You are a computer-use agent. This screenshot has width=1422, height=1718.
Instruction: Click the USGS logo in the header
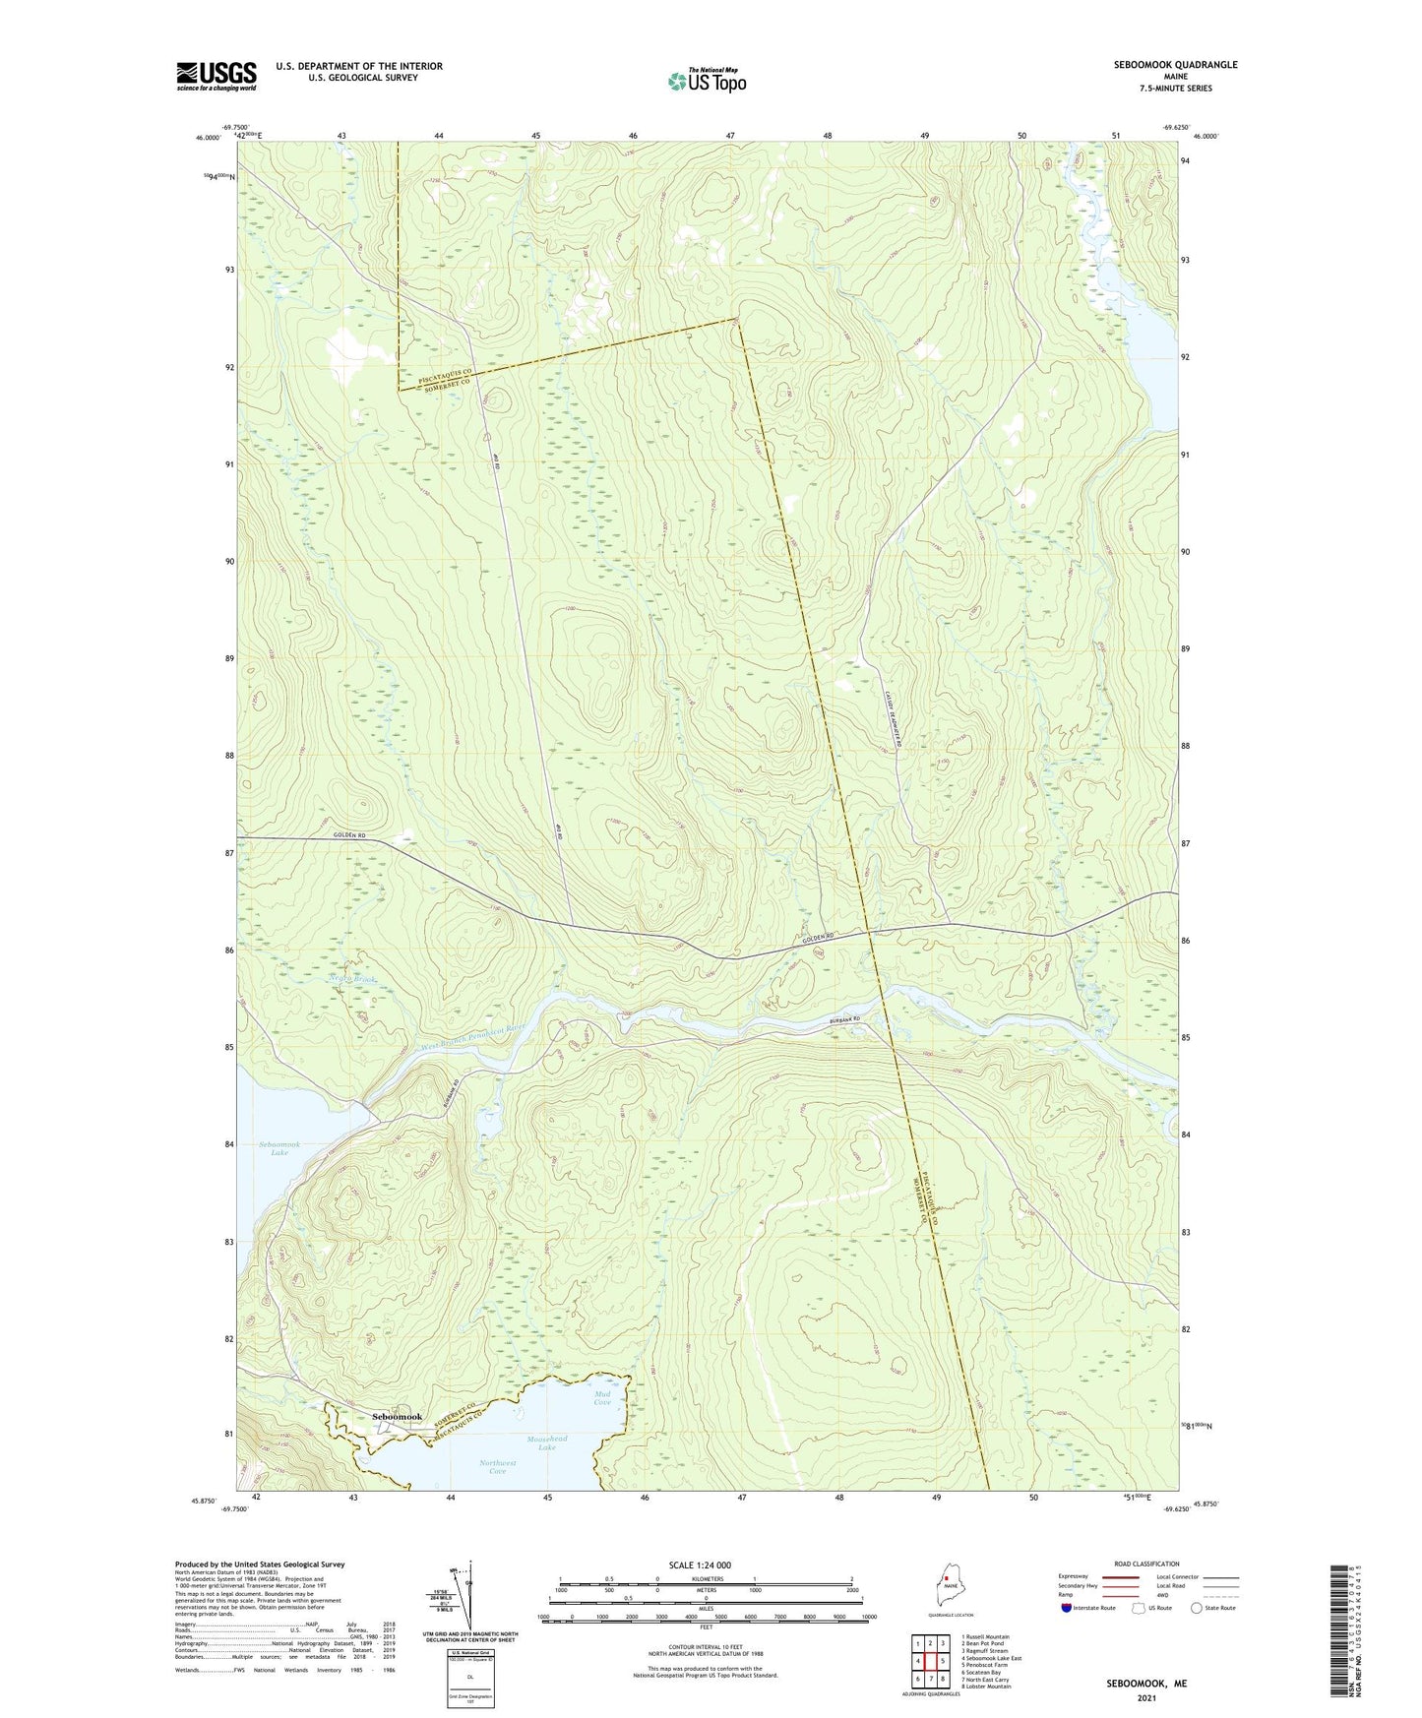pyautogui.click(x=216, y=76)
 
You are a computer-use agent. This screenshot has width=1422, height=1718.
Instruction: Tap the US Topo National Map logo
pyautogui.click(x=706, y=80)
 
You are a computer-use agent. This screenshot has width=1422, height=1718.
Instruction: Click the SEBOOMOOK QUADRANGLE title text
pyautogui.click(x=1175, y=65)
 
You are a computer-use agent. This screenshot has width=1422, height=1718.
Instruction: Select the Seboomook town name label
pyautogui.click(x=398, y=1417)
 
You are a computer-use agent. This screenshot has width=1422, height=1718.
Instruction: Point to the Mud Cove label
pyautogui.click(x=602, y=1398)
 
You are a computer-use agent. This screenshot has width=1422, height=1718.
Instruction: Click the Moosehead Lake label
pyautogui.click(x=547, y=1442)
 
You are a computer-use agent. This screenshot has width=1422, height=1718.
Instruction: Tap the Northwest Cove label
pyautogui.click(x=498, y=1467)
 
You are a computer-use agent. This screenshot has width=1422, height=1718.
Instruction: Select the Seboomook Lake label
pyautogui.click(x=273, y=1148)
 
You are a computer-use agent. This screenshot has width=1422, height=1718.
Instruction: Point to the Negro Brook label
pyautogui.click(x=353, y=980)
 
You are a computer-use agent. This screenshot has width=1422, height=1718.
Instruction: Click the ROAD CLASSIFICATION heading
pyautogui.click(x=1146, y=1564)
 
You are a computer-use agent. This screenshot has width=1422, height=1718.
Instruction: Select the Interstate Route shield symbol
pyautogui.click(x=1067, y=1608)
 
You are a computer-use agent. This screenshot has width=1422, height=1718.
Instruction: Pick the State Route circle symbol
pyautogui.click(x=1197, y=1608)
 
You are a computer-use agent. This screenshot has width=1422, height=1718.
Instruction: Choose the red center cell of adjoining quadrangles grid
pyautogui.click(x=930, y=1661)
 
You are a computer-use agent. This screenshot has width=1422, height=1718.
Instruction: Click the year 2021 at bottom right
pyautogui.click(x=1145, y=1697)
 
